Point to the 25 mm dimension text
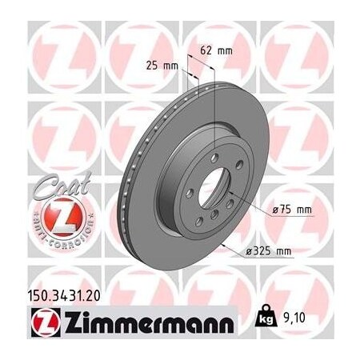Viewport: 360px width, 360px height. tap(163, 65)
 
